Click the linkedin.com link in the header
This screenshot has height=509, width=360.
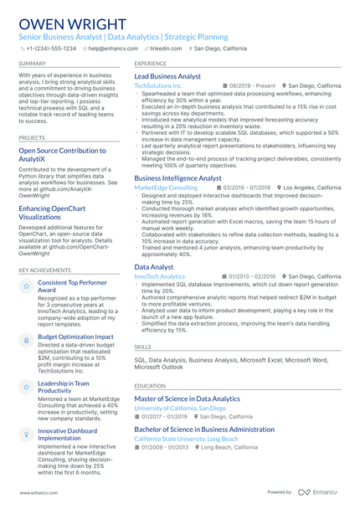pos(165,49)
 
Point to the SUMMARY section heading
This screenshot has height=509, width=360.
pos(33,63)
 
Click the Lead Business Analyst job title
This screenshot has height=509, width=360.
pos(167,76)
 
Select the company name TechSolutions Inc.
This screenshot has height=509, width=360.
pos(158,85)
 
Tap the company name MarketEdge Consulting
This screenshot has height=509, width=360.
pos(166,188)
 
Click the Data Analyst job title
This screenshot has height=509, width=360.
pos(154,266)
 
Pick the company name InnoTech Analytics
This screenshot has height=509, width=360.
pos(159,275)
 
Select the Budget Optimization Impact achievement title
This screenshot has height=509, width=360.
pos(75,337)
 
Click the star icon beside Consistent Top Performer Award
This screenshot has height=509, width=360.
pos(26,286)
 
